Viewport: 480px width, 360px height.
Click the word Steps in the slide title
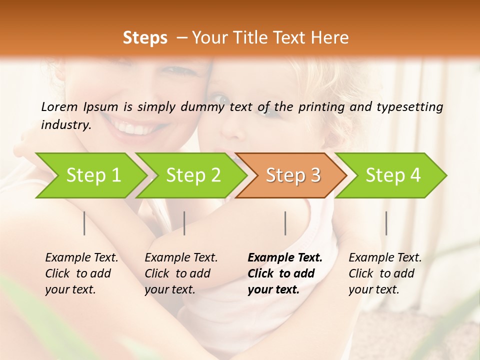tap(145, 38)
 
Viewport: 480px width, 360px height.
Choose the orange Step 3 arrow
tap(293, 175)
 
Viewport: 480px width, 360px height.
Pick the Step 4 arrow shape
tap(393, 175)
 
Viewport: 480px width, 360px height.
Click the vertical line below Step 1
tap(84, 223)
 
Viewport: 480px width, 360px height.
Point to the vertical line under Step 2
tap(184, 223)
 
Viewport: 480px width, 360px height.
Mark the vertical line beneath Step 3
tap(285, 223)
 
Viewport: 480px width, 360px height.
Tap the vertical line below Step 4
tap(386, 223)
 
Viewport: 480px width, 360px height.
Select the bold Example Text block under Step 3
tap(285, 273)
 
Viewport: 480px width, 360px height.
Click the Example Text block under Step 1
tap(81, 273)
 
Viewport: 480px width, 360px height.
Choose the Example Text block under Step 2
tap(181, 273)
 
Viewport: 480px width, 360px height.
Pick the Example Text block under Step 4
tap(385, 273)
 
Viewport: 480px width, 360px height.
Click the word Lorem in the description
tap(59, 106)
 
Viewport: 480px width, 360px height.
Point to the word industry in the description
tap(66, 125)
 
